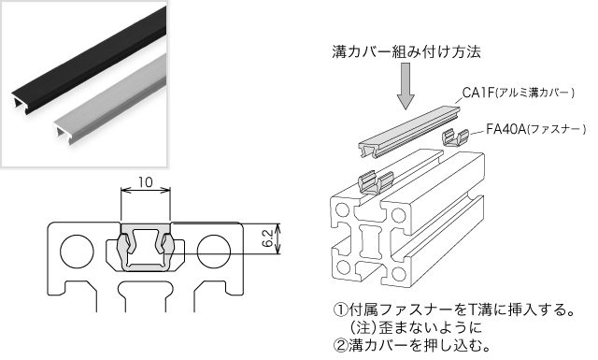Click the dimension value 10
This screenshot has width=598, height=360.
coord(146,182)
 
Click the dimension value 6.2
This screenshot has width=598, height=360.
coord(268,238)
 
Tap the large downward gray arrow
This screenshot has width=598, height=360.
coord(406,86)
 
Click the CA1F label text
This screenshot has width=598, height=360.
coord(477,93)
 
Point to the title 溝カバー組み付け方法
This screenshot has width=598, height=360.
coord(406,51)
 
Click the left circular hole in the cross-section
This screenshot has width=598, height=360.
coord(78,252)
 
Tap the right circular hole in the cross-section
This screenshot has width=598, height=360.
coord(214,252)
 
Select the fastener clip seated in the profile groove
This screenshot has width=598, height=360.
coord(376,183)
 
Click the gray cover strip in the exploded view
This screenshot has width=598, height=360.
coord(410,132)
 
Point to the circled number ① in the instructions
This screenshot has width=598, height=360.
coord(340,310)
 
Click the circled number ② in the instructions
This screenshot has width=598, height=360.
coord(340,345)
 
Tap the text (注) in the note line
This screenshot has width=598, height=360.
coord(361,327)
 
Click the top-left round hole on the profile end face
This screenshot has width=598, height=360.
coord(342,209)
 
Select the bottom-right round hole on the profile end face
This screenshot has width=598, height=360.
coord(399,273)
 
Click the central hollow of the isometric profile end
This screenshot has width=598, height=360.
coord(370,241)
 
